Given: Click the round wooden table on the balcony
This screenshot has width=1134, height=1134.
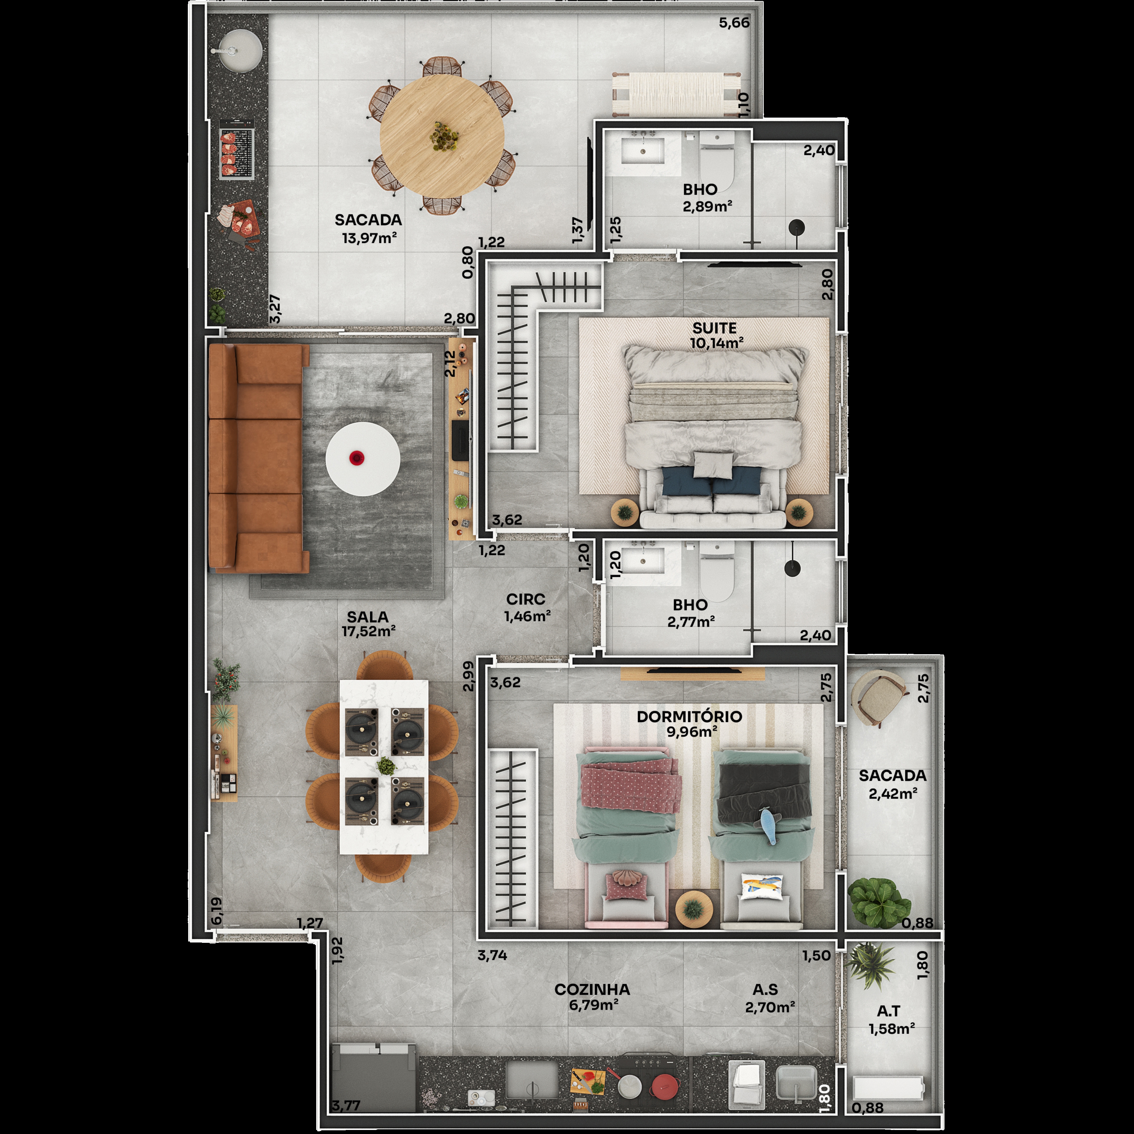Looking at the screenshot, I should click(x=442, y=136).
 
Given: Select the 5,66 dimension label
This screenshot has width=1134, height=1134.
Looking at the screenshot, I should click(x=734, y=23).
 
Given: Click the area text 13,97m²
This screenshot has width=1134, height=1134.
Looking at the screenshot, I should click(x=369, y=238).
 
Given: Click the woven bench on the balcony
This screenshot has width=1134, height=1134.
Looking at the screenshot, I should click(x=675, y=93).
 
